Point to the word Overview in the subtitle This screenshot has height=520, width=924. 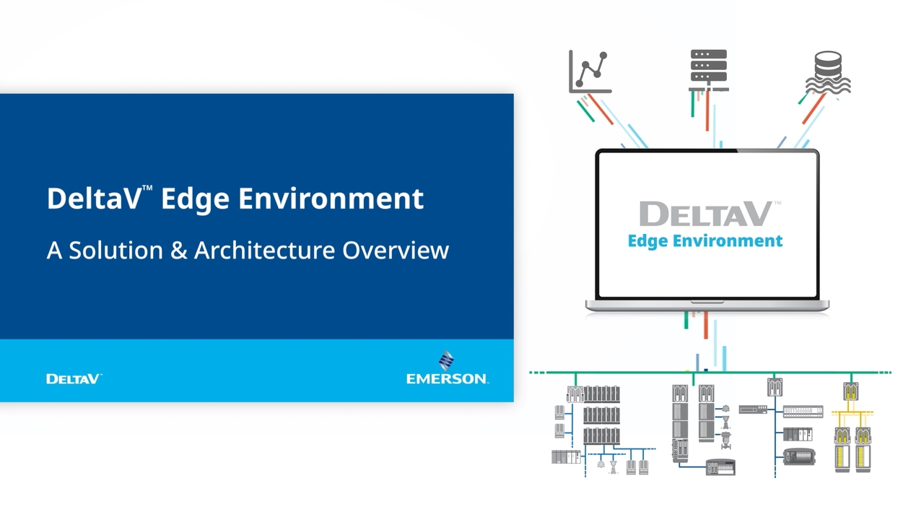coord(396,251)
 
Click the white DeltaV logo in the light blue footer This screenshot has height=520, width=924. coord(74,378)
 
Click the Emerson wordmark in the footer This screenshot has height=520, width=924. coord(447,378)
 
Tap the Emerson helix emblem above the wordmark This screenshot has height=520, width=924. coord(447,360)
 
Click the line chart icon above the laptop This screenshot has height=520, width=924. coord(590,71)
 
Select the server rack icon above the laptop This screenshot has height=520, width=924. coord(708,69)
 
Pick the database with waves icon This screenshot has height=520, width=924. coord(828,72)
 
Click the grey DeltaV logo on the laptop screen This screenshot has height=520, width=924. coord(705,214)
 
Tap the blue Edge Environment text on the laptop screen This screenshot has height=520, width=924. coord(705,240)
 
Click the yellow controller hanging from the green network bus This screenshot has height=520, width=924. coord(851,391)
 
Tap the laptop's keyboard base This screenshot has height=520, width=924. coord(707,305)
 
